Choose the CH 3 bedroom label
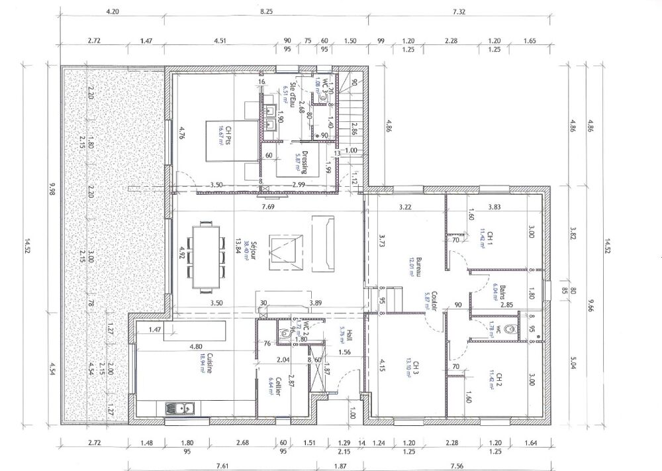click(x=413, y=368)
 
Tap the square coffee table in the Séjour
click(x=287, y=252)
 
